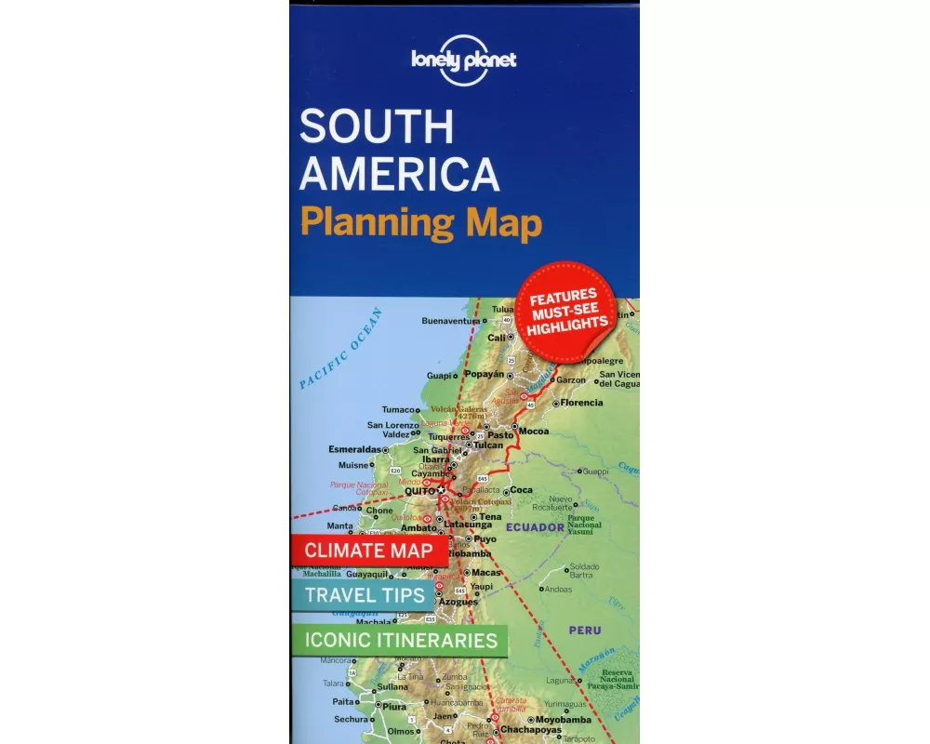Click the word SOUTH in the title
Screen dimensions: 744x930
click(378, 127)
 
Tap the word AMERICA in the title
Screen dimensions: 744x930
click(400, 175)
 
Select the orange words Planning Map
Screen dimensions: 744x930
click(421, 223)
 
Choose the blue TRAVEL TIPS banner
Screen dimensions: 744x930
click(364, 595)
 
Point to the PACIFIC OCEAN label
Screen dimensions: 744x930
click(341, 347)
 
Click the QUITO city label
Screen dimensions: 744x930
click(419, 490)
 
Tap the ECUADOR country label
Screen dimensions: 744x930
click(535, 527)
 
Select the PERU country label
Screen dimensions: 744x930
click(586, 630)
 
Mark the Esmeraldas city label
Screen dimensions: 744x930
click(355, 449)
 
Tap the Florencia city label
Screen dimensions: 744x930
click(581, 403)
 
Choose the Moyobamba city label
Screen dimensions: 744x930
click(562, 720)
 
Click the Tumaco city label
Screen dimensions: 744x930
click(400, 409)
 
